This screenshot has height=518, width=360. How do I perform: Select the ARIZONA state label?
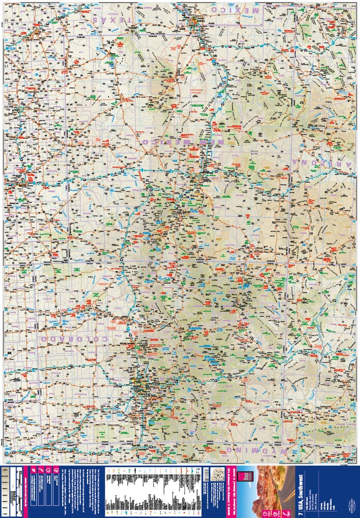[323, 163]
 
